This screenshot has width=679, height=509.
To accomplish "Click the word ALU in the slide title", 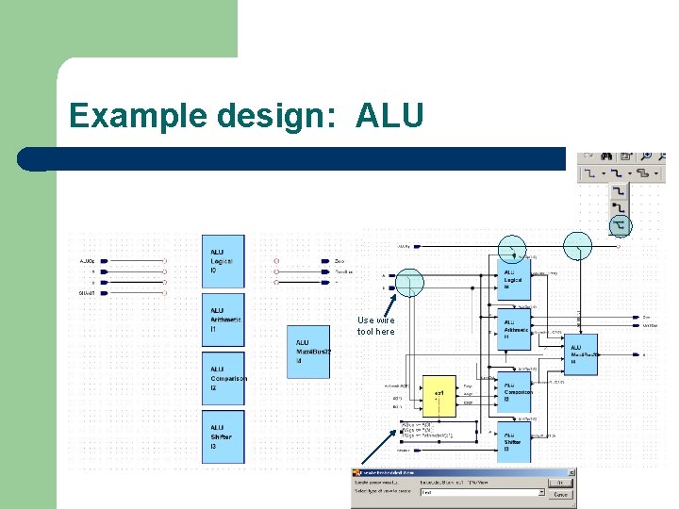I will tap(389, 116).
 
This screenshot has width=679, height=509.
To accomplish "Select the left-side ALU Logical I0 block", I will tap(223, 261).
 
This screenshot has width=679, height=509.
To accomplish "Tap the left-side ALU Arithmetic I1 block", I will tap(223, 320).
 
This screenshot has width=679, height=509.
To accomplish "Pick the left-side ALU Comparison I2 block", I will tap(223, 378).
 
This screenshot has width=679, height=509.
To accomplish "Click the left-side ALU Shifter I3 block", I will tap(223, 436).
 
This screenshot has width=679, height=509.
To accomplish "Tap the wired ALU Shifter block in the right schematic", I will tap(514, 441).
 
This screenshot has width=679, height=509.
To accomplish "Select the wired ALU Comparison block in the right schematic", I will tap(514, 391).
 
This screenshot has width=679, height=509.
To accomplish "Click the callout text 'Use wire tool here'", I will tap(376, 326).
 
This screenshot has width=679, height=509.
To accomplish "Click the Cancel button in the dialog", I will tap(561, 493).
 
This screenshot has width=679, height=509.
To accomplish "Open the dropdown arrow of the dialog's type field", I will tap(541, 492).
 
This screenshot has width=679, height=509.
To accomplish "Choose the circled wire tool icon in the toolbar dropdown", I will tap(619, 226).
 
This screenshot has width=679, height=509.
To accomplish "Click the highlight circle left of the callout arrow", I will tap(409, 282).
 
